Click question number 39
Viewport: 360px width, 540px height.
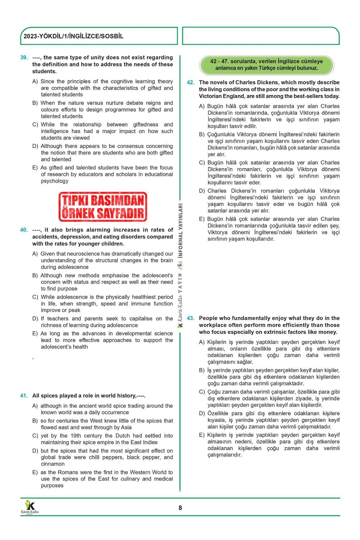24,58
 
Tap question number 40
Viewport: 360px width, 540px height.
24,230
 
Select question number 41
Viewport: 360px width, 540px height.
24,396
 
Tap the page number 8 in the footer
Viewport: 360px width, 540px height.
180,508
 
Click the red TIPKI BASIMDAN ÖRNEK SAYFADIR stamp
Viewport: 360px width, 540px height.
103,207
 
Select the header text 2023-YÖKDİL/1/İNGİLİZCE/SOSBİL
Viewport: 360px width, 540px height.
74,37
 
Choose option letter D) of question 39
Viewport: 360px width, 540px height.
35,146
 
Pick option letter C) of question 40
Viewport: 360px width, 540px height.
35,297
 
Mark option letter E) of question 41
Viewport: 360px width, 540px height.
35,472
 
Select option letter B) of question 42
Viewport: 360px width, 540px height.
202,134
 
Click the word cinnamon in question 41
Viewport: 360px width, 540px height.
53,464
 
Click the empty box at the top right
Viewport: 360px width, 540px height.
261,36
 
